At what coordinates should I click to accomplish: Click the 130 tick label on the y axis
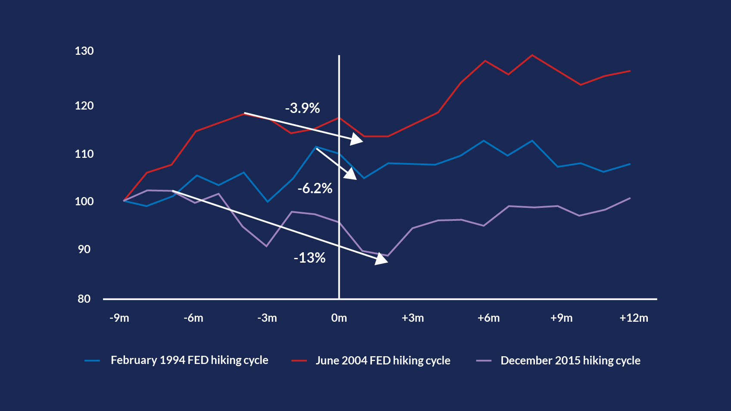[84, 51]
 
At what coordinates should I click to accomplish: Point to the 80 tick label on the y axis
[84, 299]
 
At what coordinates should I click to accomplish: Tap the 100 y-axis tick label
[84, 201]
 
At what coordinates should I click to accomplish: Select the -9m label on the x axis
[119, 318]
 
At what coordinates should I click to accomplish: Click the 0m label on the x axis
[339, 318]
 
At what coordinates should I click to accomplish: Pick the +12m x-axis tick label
[634, 318]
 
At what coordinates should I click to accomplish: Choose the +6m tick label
[488, 318]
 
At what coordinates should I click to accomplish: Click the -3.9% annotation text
[303, 108]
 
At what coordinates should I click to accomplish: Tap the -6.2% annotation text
[315, 188]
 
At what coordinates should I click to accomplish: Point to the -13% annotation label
[309, 258]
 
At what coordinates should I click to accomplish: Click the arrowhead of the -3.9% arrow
[356, 139]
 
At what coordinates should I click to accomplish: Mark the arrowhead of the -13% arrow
[381, 259]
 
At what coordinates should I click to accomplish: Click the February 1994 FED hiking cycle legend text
[189, 361]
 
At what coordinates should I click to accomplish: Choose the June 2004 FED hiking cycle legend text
[383, 361]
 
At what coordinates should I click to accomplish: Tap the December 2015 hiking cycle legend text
[570, 361]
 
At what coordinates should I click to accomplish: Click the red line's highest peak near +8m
[532, 55]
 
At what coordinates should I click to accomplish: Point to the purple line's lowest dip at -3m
[266, 246]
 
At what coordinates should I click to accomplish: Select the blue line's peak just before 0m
[316, 147]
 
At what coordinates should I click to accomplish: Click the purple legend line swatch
[484, 361]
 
